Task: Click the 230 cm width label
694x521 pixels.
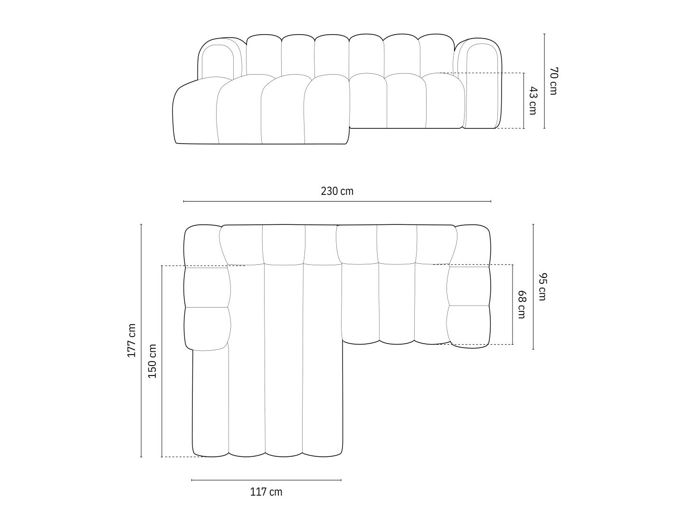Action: coord(337,192)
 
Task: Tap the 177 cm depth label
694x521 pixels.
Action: coord(132,340)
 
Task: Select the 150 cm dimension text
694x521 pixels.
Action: coord(152,361)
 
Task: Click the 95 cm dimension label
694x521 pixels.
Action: coord(542,287)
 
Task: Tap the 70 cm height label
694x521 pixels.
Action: coord(553,81)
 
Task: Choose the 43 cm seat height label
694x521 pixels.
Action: coord(532,101)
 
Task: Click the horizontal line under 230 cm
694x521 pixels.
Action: coord(337,201)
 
